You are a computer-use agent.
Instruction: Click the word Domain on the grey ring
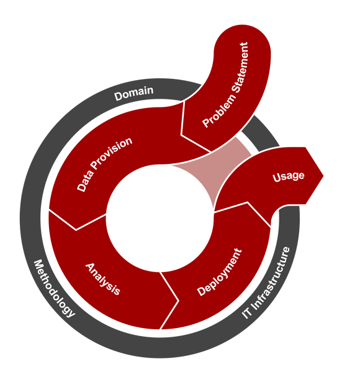click(134, 93)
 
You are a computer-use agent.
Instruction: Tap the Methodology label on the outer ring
click(54, 289)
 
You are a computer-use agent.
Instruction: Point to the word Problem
click(219, 111)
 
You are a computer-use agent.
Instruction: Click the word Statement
click(240, 68)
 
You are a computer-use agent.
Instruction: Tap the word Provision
click(112, 152)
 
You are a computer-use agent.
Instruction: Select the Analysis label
click(103, 279)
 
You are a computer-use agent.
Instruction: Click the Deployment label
click(219, 272)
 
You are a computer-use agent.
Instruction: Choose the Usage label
click(289, 176)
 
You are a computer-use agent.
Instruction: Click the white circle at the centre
click(160, 218)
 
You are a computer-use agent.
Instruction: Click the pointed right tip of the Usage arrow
click(323, 175)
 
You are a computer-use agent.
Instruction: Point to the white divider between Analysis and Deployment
click(169, 301)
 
